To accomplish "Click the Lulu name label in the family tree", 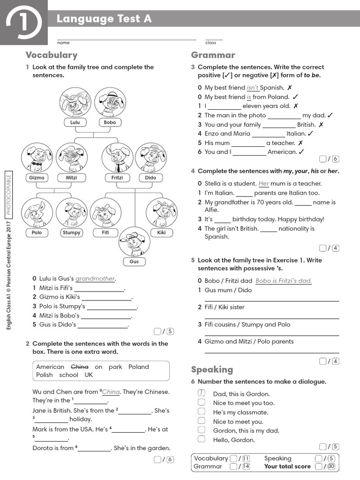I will [75, 122].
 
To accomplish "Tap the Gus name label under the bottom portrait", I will [135, 262].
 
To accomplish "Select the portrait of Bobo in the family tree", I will [110, 102].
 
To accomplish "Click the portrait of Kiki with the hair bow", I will [161, 212].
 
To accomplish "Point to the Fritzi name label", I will [117, 178].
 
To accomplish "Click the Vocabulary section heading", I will [52, 55].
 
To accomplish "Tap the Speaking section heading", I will [212, 369].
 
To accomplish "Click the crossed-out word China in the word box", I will [79, 367].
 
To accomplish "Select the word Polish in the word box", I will [45, 375].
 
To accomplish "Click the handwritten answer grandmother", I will [95, 278].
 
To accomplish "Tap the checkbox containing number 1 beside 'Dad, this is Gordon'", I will [201, 393].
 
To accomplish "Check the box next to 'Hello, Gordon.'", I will [201, 439].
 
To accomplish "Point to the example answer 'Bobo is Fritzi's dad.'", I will [284, 281].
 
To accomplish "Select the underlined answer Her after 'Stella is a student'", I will [264, 184].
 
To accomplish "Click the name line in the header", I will [127, 39].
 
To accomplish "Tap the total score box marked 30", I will [331, 466].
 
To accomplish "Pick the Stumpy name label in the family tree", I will [71, 232].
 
